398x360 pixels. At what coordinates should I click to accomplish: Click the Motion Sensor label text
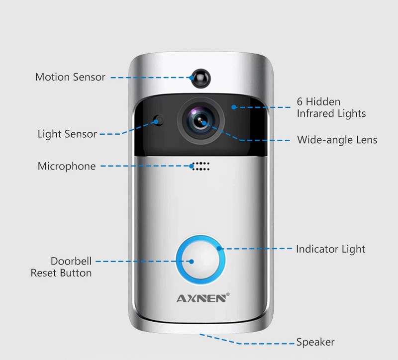point(70,77)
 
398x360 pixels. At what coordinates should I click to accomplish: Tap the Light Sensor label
point(67,134)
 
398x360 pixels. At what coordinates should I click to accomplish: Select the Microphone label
point(67,166)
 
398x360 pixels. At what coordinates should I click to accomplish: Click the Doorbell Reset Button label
point(62,267)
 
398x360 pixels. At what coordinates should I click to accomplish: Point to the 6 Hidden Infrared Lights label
point(331,107)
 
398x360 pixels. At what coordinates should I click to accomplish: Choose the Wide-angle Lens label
point(337,140)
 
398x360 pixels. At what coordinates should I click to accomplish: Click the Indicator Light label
point(330,249)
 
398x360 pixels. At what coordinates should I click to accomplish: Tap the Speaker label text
point(315,342)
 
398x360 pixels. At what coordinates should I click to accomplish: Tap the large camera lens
point(199,120)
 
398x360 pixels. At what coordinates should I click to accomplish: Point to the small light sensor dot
point(158,120)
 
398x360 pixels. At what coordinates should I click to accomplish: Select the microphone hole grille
point(199,166)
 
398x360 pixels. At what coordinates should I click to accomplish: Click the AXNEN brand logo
point(201,298)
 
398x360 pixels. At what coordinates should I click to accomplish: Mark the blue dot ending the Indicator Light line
point(219,248)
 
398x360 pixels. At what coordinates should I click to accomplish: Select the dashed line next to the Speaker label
point(269,343)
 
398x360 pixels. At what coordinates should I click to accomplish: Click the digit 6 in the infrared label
point(300,102)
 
